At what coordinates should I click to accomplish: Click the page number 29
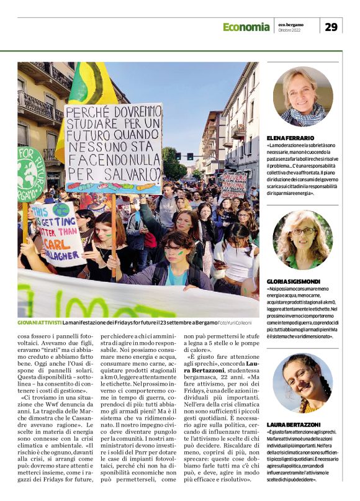click(331, 27)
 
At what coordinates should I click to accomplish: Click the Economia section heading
click(246, 27)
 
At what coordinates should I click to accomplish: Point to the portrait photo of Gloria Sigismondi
click(302, 240)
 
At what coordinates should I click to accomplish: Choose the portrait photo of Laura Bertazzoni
click(302, 383)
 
